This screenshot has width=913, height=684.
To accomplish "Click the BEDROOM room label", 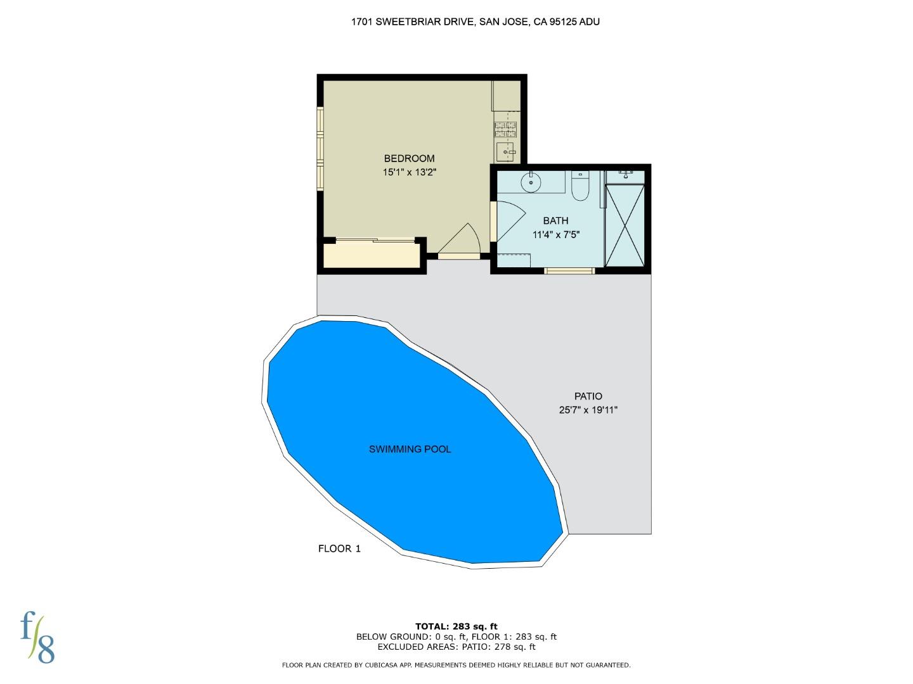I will coord(409,158).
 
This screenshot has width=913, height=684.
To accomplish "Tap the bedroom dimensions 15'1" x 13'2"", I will coord(409,172).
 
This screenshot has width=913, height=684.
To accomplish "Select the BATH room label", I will coord(555,220).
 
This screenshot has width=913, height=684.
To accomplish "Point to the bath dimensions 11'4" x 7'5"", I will coord(556,234).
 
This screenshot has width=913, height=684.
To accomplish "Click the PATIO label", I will coord(588,396).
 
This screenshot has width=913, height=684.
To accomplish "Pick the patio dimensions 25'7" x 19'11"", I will coord(588,410).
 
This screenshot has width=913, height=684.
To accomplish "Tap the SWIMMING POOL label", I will coord(410,449).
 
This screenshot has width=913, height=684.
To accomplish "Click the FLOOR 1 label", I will coord(339,548).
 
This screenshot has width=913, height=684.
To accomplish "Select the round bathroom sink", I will coord(531,182).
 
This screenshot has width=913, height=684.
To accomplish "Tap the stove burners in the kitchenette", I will coord(506,130).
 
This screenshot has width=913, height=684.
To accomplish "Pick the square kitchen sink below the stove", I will coord(505,152).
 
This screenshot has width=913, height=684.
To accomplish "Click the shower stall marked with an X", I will coord(625,225).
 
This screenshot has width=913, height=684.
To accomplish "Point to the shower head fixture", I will coord(626,172).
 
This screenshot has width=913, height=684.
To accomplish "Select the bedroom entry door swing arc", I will coord(461,241).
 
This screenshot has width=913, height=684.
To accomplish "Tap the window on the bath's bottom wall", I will coord(569,271).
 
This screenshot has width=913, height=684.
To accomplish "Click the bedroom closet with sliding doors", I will coord(372,255).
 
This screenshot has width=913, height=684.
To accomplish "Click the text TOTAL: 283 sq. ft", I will coord(456,626).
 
